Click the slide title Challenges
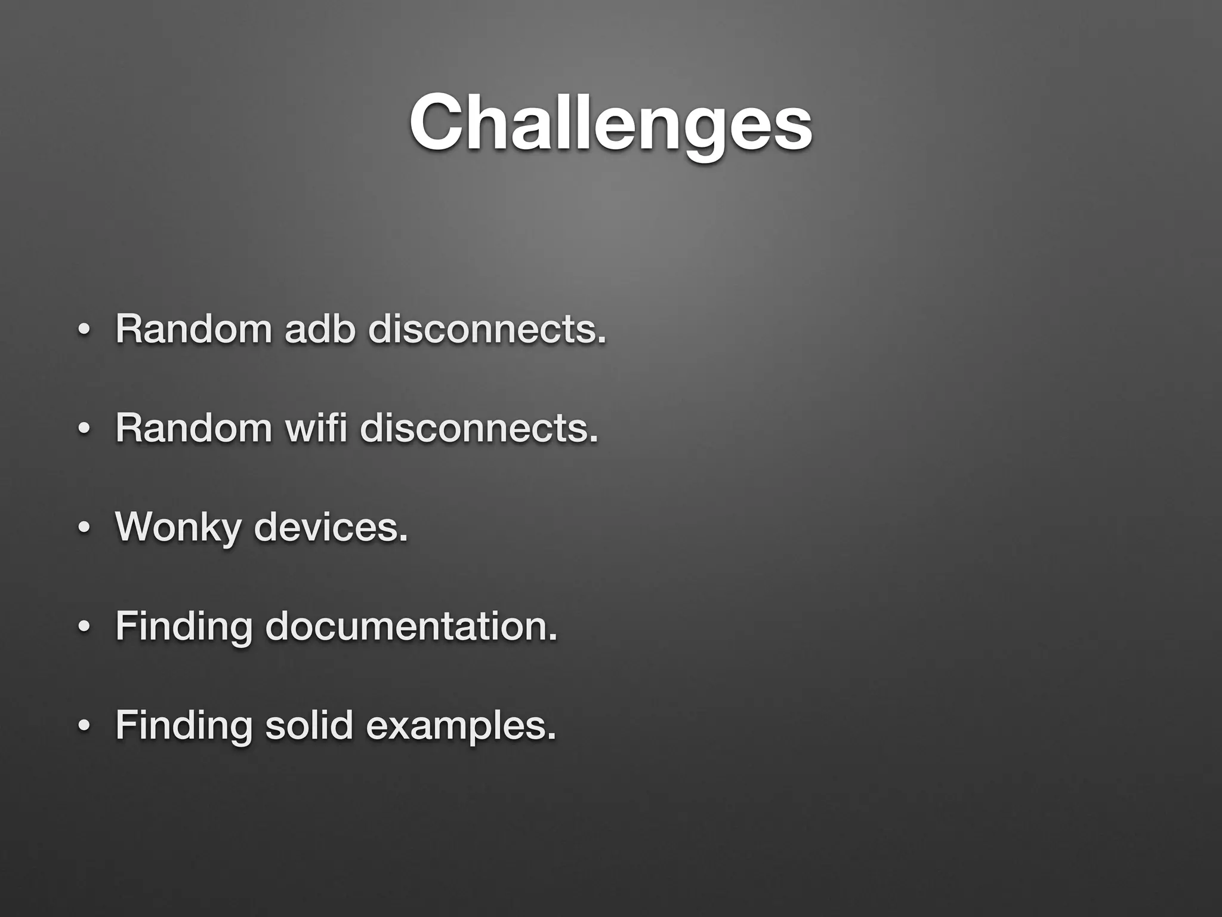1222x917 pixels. coord(610,122)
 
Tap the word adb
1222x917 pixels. coord(319,328)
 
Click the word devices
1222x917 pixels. coord(327,527)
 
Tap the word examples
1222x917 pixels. coord(457,726)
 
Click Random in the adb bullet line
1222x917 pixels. coord(193,328)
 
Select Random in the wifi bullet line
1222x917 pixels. coord(193,427)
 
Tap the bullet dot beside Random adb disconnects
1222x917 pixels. coord(84,330)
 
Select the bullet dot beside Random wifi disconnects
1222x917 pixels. coord(84,429)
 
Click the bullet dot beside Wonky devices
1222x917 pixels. coord(84,528)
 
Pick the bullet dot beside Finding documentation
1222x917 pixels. coord(84,627)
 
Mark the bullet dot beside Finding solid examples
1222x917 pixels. coord(84,727)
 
